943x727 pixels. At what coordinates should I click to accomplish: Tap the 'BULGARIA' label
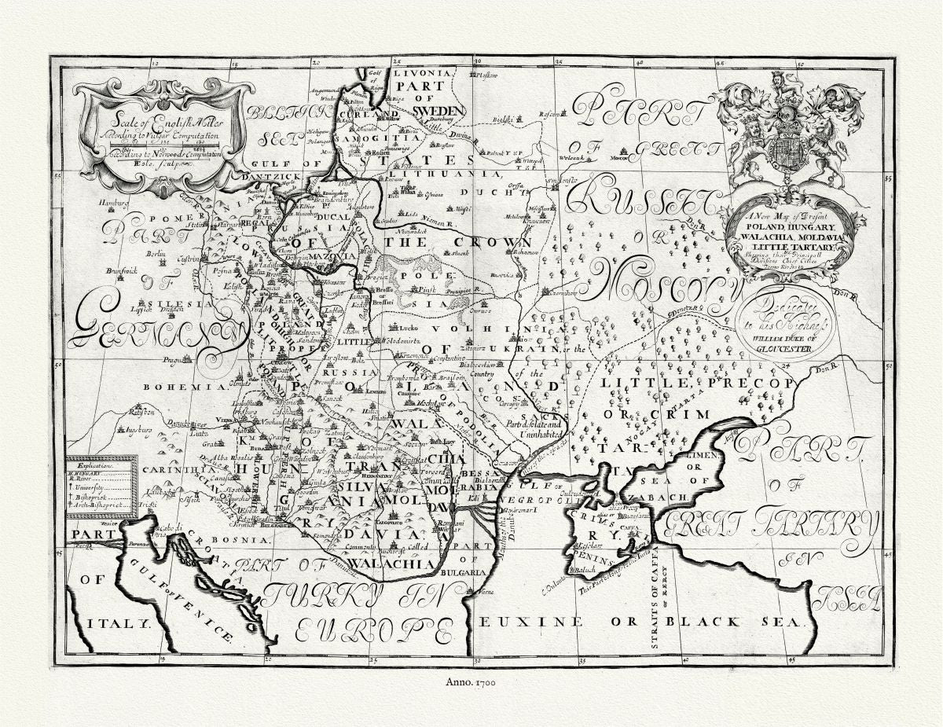pos(464,574)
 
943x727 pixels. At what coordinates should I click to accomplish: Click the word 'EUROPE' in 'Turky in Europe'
pos(373,629)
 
